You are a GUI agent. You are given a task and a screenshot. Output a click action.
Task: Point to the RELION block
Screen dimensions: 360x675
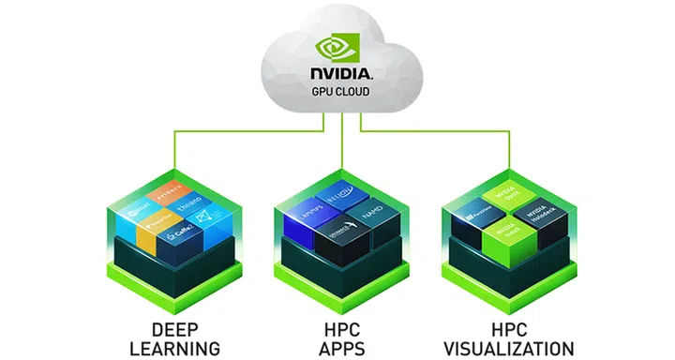338,197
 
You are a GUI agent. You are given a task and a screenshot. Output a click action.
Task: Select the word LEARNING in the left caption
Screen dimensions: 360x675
173,348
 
